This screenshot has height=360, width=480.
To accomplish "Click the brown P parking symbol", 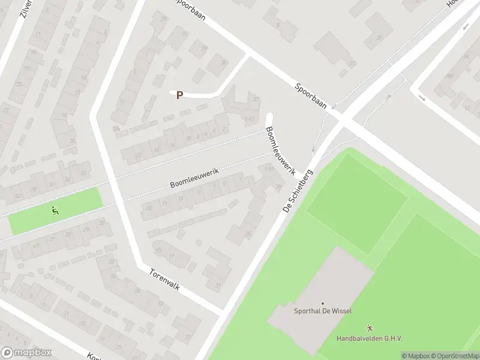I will [x=179, y=95].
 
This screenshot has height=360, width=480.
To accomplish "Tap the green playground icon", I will [x=55, y=210].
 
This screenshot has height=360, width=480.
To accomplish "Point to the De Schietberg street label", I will [x=298, y=190].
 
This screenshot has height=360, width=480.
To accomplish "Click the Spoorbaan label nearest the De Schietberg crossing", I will [x=311, y=95].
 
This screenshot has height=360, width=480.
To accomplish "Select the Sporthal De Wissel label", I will [x=323, y=311].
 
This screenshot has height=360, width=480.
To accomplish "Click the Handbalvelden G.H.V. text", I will [x=369, y=338].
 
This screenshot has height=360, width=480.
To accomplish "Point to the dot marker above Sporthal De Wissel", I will [x=323, y=304].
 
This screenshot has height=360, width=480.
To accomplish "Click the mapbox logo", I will [x=26, y=352].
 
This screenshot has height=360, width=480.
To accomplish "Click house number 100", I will [x=451, y=76].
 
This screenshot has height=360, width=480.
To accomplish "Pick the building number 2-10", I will [x=250, y=119].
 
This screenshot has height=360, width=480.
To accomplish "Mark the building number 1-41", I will [x=269, y=169].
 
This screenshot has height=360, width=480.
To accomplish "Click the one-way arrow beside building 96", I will [x=467, y=26].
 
